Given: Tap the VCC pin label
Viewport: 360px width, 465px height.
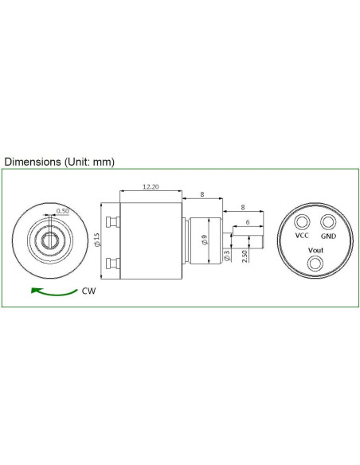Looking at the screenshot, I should point(302,236).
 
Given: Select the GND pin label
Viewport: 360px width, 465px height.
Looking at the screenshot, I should point(328,236).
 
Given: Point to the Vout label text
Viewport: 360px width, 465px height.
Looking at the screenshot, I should point(315,250).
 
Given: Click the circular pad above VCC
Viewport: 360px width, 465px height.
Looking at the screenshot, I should point(303,221).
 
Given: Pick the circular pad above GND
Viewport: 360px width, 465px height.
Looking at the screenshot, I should point(328,221).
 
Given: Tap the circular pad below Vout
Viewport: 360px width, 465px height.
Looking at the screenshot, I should point(315,263).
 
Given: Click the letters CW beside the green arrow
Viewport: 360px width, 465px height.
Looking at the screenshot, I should point(90,291).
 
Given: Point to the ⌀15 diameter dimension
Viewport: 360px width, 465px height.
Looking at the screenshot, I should point(97,241).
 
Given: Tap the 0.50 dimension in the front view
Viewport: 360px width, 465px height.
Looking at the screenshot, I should point(62,212).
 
